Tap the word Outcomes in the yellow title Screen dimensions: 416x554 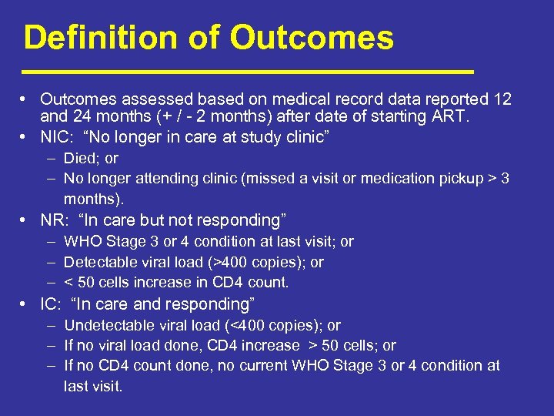point(312,37)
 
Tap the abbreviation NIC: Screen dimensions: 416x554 point(57,137)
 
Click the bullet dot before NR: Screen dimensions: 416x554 point(26,220)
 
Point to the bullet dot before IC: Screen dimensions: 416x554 point(26,304)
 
